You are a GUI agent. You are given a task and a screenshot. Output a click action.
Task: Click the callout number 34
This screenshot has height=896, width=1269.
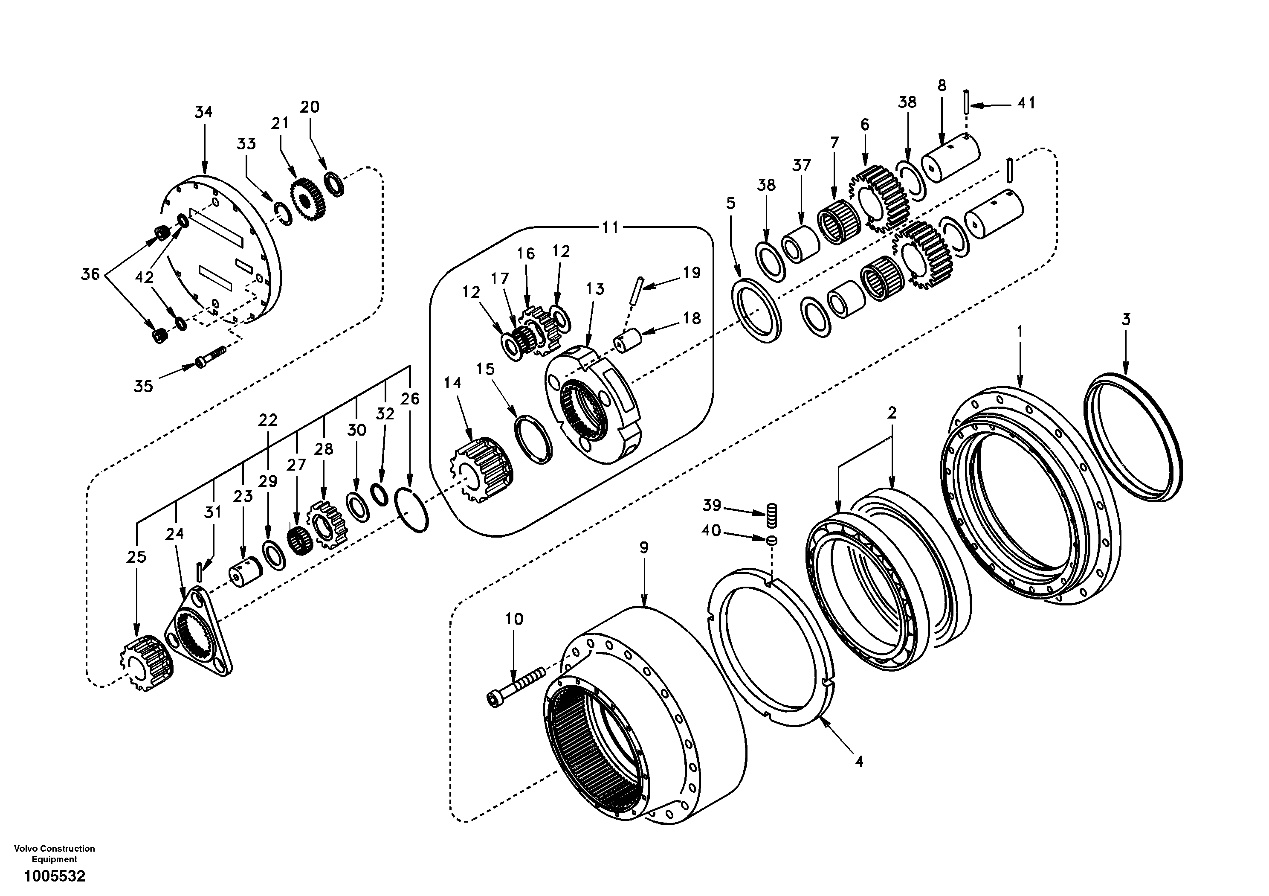click(x=203, y=112)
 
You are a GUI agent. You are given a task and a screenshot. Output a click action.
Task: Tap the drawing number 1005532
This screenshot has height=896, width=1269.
click(x=54, y=876)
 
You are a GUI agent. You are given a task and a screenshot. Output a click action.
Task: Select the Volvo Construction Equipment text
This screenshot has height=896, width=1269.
click(x=54, y=853)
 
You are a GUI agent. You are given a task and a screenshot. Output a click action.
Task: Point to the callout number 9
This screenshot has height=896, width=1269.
click(x=644, y=547)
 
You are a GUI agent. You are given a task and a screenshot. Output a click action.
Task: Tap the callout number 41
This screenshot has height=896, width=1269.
click(x=1026, y=103)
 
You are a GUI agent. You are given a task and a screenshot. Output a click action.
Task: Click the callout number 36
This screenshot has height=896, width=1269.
click(x=91, y=274)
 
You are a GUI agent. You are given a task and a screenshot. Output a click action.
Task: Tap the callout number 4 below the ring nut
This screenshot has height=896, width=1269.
click(x=858, y=762)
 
